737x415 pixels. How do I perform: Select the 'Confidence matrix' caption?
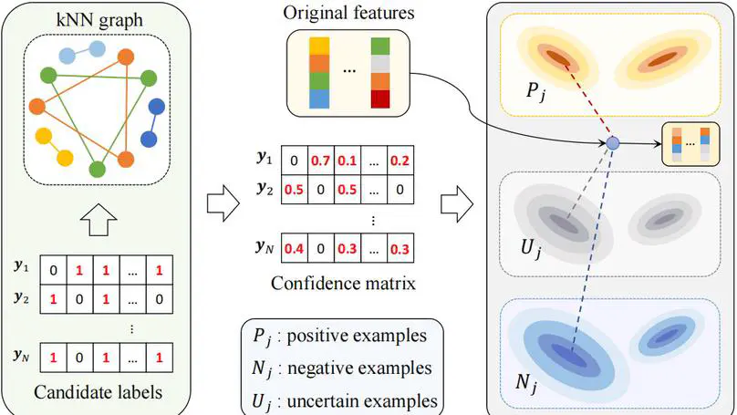(x=344, y=283)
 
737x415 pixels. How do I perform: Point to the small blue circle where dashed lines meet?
(x=613, y=144)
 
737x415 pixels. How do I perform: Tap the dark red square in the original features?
(x=379, y=99)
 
